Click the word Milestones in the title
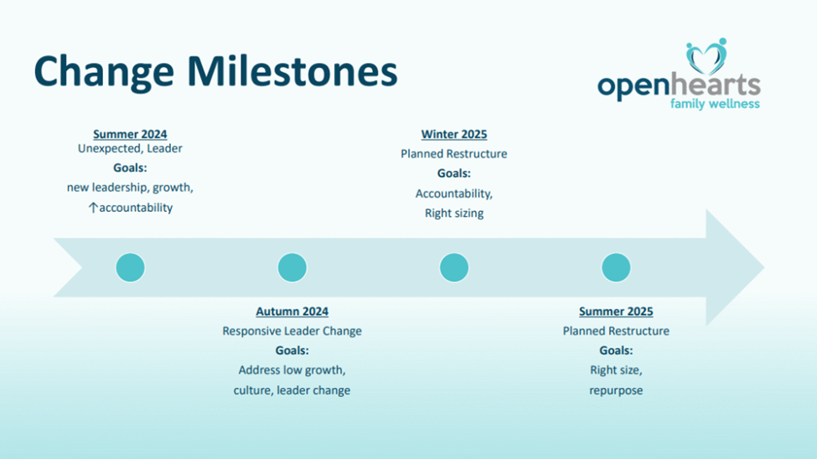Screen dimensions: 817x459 pyautogui.click(x=292, y=71)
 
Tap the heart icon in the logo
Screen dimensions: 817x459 pyautogui.click(x=706, y=57)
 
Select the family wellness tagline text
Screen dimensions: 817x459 pyautogui.click(x=715, y=104)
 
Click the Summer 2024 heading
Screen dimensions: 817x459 pyautogui.click(x=130, y=134)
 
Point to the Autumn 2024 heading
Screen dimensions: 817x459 pyautogui.click(x=292, y=311)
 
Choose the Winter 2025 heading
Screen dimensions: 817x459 pyautogui.click(x=454, y=134)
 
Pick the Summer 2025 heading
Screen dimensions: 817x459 pyautogui.click(x=616, y=311)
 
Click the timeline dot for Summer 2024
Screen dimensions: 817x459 pyautogui.click(x=130, y=267)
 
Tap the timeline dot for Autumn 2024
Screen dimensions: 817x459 pyautogui.click(x=292, y=267)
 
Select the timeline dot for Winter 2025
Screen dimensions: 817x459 pyautogui.click(x=454, y=267)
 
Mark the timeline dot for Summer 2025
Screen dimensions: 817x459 pyautogui.click(x=616, y=267)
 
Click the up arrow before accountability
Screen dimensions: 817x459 pyautogui.click(x=93, y=208)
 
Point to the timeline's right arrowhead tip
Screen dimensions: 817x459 pyautogui.click(x=764, y=267)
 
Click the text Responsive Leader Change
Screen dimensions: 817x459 pyautogui.click(x=292, y=331)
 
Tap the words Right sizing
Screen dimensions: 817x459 pyautogui.click(x=454, y=213)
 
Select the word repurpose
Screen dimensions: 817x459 pyautogui.click(x=616, y=391)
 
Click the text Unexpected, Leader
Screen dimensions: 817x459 pyautogui.click(x=130, y=148)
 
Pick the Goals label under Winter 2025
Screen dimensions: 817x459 pyautogui.click(x=454, y=173)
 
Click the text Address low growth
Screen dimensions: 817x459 pyautogui.click(x=292, y=370)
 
